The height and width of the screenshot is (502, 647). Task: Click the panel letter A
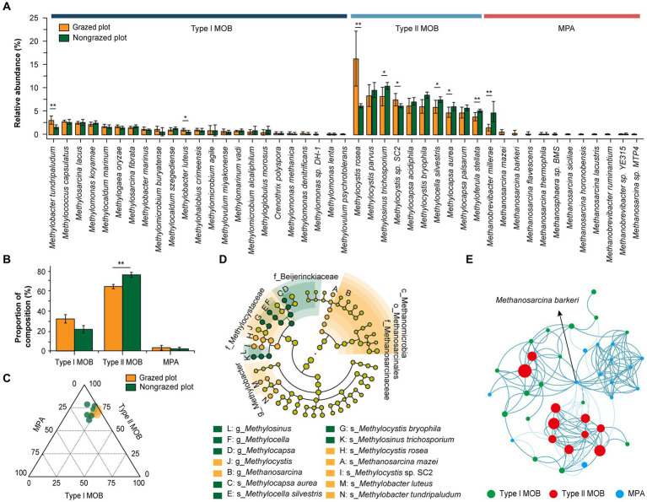7,8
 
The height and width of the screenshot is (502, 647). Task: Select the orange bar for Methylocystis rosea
356,96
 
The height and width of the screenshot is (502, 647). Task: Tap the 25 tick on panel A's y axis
38,18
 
